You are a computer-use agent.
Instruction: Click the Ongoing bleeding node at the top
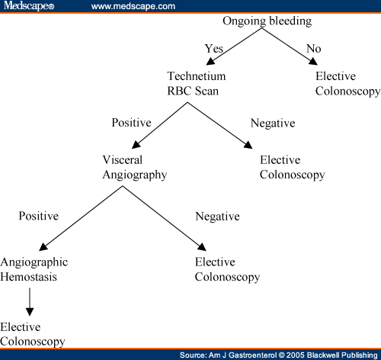tap(267, 21)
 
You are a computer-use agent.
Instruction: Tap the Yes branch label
tap(214, 49)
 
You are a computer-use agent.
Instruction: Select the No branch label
tap(314, 49)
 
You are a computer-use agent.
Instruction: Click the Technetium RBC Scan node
tap(197, 83)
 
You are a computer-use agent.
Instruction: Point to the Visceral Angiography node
tap(135, 168)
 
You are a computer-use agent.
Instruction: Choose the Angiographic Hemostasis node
tap(34, 269)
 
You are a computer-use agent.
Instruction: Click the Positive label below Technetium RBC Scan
tap(131, 123)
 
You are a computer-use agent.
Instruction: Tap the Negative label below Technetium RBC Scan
tap(273, 124)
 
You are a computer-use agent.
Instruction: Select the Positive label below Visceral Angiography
tap(39, 216)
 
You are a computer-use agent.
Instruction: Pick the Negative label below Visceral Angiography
tap(217, 217)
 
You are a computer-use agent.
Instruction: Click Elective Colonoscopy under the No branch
tap(347, 84)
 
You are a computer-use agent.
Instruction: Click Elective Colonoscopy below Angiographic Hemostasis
tap(33, 335)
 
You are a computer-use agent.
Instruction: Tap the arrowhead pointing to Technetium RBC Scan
tap(211, 61)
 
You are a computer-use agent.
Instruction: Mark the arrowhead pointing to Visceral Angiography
tap(136, 145)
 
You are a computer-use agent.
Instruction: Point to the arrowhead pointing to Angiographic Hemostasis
tap(43, 246)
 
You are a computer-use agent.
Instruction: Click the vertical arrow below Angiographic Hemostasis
tap(30, 302)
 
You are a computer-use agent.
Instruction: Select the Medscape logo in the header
tap(29, 5)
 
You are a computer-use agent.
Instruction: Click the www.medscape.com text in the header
tap(133, 6)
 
